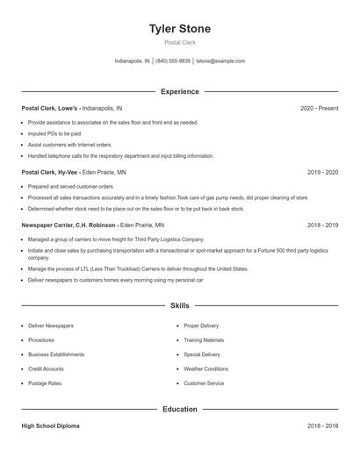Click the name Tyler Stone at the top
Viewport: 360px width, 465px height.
point(180,29)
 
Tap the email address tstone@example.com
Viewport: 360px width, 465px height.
point(220,61)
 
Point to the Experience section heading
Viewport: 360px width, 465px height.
point(180,91)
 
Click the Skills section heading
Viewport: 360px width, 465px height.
point(180,305)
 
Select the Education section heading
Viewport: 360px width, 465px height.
point(180,409)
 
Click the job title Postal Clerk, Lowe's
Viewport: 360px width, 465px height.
point(50,108)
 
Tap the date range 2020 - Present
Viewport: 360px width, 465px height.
point(319,108)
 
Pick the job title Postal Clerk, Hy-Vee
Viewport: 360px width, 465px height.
point(50,173)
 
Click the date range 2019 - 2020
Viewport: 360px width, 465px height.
point(322,173)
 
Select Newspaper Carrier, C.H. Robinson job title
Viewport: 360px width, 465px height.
point(69,225)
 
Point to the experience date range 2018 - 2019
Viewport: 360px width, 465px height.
point(322,225)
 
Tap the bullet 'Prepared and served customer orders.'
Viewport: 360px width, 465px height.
point(71,187)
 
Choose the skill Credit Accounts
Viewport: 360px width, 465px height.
point(46,368)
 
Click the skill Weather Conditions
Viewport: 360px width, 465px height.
point(205,368)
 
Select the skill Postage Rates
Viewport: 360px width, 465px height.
point(45,383)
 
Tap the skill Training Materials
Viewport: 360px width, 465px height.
point(204,340)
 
